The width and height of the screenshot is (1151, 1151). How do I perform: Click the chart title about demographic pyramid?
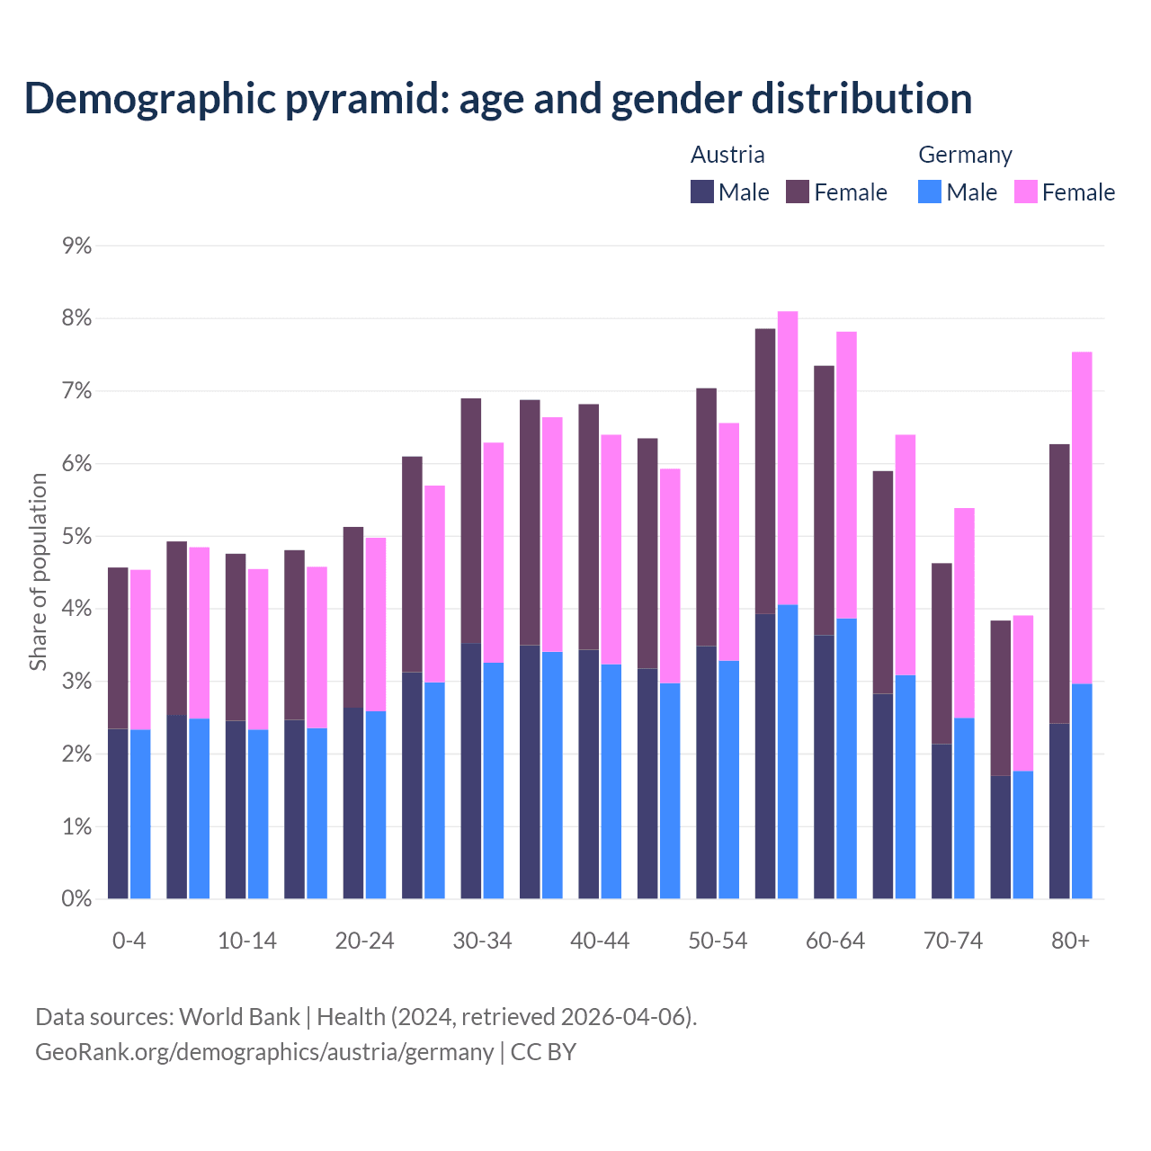click(x=498, y=99)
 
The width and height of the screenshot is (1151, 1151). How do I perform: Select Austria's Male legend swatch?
click(x=702, y=192)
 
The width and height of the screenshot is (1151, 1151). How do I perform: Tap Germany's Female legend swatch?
click(x=1026, y=192)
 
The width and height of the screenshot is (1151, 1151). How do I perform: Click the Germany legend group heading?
click(x=965, y=155)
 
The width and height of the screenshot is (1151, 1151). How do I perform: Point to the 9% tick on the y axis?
click(x=77, y=245)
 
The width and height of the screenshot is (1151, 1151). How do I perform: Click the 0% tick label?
click(x=77, y=898)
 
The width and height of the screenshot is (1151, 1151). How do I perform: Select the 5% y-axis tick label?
click(x=77, y=536)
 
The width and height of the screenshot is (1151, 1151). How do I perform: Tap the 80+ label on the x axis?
click(x=1070, y=941)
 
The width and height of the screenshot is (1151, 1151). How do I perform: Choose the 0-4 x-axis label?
click(x=129, y=941)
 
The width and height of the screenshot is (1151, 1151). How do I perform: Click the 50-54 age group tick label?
click(x=718, y=941)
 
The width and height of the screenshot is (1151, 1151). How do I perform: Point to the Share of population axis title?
click(x=39, y=572)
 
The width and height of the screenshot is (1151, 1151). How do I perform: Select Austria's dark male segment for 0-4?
click(x=118, y=814)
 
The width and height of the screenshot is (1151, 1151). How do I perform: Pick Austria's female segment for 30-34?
click(x=471, y=521)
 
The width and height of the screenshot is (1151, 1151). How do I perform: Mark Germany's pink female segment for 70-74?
click(x=964, y=612)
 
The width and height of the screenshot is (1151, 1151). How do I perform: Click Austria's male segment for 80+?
click(x=1059, y=810)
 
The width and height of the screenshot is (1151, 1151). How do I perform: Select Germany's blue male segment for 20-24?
click(x=376, y=805)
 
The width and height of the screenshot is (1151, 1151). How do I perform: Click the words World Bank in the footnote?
click(x=239, y=1017)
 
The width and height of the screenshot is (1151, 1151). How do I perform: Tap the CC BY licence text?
click(x=543, y=1051)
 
